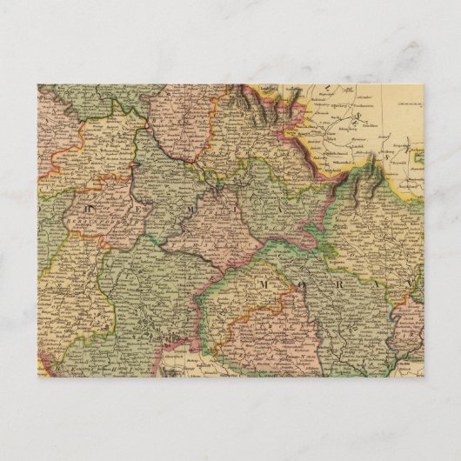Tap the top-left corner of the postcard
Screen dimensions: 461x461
pyautogui.click(x=37, y=84)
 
